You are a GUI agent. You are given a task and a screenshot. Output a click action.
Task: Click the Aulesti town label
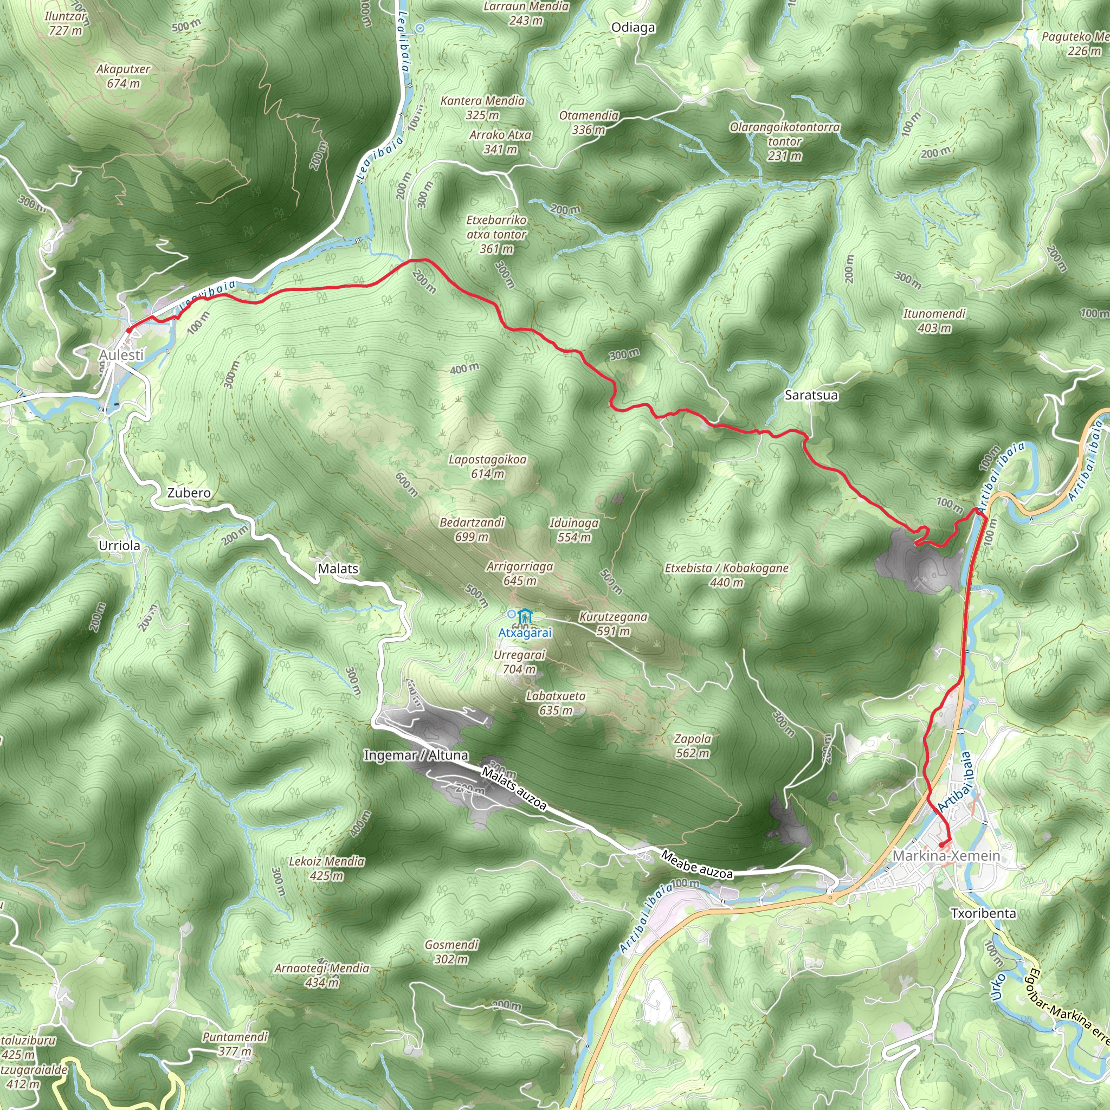pos(121,355)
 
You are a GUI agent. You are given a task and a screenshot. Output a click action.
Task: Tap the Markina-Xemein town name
pos(946,855)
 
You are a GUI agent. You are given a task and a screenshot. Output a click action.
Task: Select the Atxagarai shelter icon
pos(525,616)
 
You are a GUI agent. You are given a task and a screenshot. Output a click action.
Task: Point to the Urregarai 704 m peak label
pos(519,662)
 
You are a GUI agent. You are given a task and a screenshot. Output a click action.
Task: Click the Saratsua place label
pos(811,395)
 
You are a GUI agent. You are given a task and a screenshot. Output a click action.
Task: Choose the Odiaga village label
pos(633,28)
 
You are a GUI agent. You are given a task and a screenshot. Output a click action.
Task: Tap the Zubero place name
pos(189,493)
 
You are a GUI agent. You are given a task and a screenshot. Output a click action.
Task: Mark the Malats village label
pos(338,569)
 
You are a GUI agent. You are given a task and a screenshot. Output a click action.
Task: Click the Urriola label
pos(119,546)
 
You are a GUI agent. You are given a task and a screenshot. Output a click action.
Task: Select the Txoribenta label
pos(983,913)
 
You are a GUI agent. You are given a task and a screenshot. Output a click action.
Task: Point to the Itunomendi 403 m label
pos(934,321)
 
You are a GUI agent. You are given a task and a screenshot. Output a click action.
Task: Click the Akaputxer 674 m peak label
pos(123,76)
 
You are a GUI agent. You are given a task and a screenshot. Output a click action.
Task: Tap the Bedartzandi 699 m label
pos(472,529)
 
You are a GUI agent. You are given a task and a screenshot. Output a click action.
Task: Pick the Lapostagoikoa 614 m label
pos(487,467)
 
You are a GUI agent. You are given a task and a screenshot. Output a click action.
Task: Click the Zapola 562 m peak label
pos(692,746)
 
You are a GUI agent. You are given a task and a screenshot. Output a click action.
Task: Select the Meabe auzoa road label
pos(696,864)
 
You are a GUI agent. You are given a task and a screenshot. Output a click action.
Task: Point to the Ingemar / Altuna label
pos(416,756)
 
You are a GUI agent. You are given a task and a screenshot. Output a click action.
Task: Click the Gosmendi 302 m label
pos(451,951)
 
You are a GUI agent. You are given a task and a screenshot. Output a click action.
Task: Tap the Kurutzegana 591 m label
pos(613,623)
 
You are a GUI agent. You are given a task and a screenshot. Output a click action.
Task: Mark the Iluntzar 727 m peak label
pos(66,23)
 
